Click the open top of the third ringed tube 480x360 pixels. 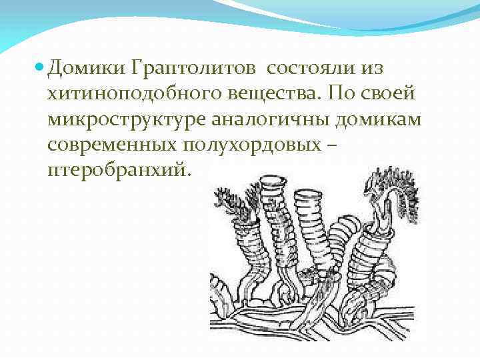click(x=308, y=194)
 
